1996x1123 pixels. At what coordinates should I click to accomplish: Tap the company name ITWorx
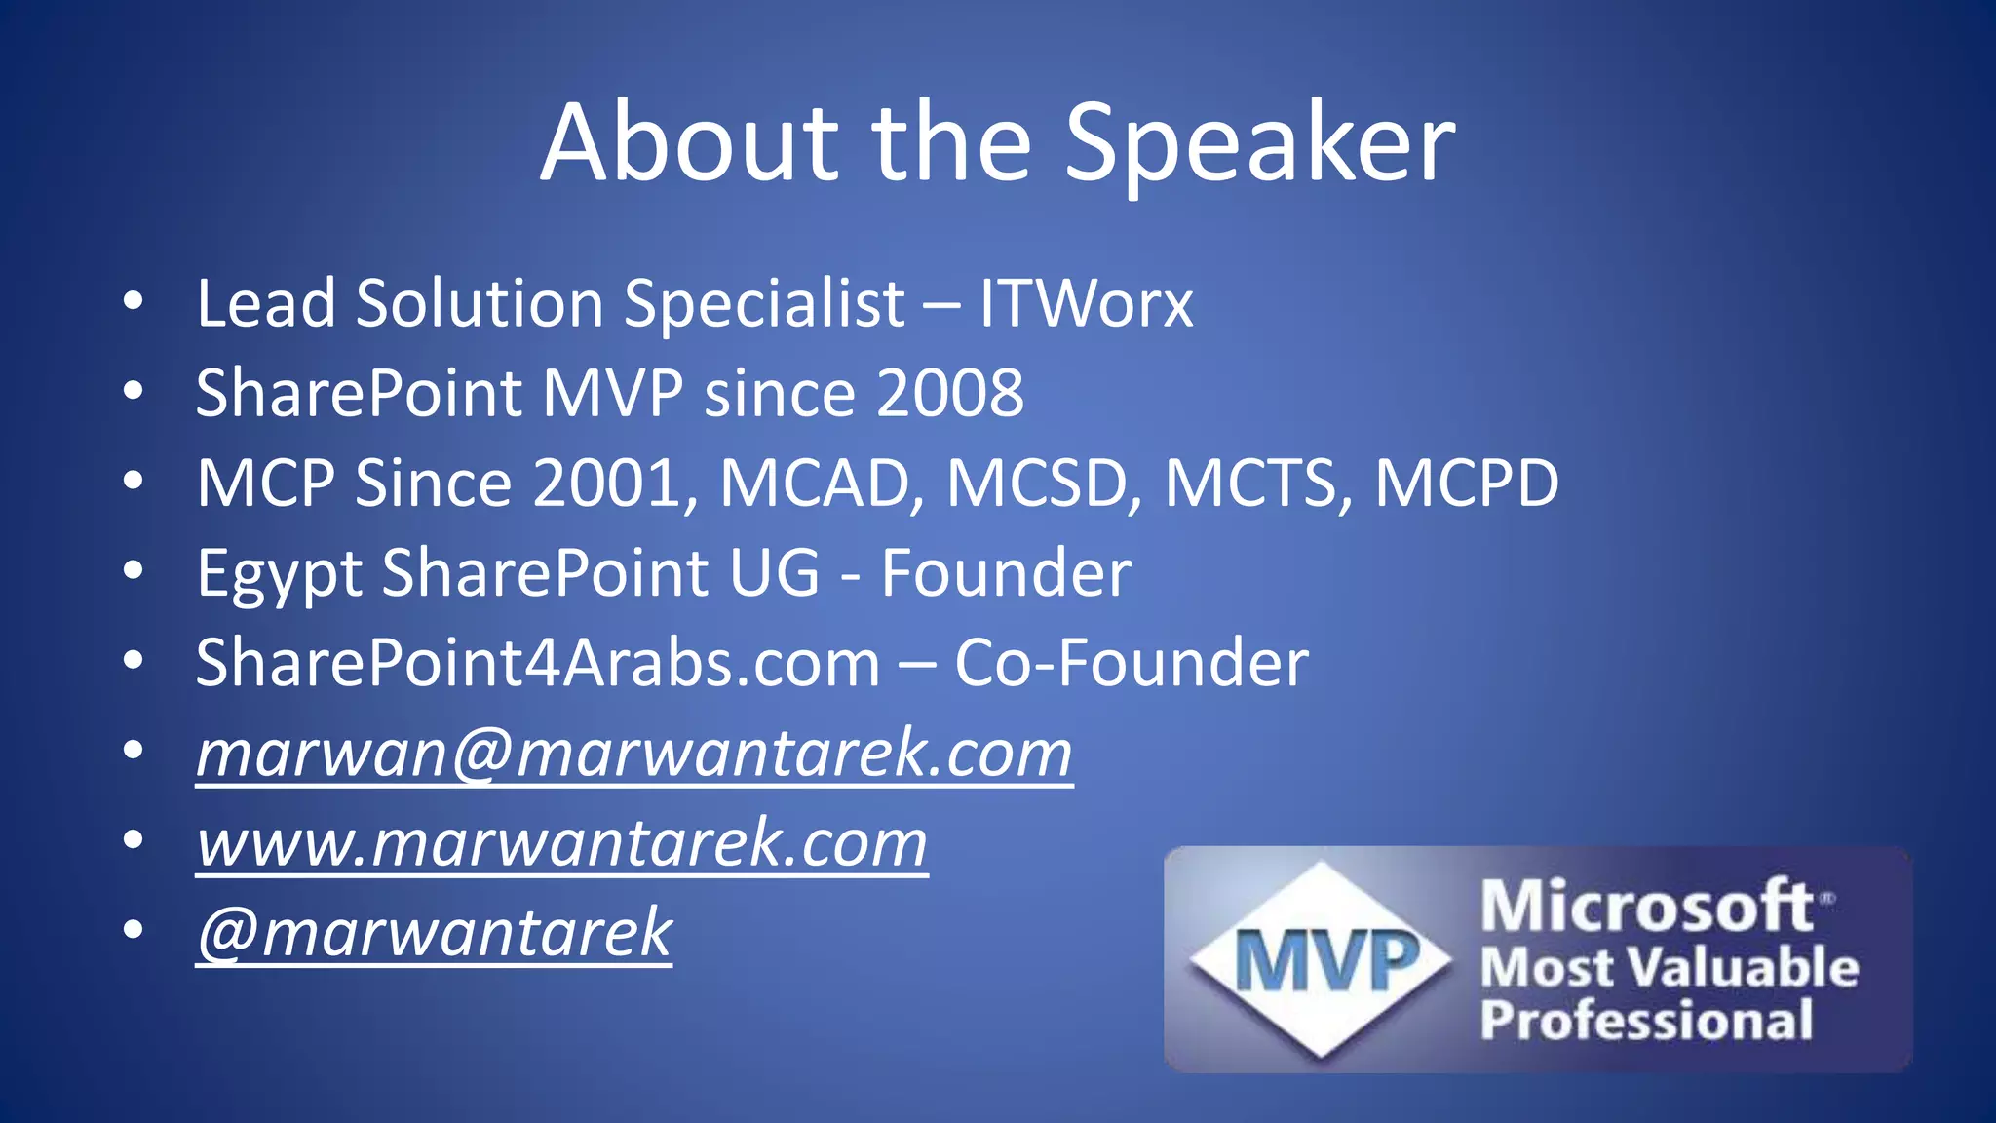(1086, 303)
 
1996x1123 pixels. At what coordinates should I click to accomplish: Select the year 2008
(950, 393)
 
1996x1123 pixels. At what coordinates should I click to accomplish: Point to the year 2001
(607, 483)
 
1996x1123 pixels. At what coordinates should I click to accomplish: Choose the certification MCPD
(1466, 483)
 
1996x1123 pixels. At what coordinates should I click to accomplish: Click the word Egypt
(279, 573)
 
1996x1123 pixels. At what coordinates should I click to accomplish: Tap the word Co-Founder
(1131, 663)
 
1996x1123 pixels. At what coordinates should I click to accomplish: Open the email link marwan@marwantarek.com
(633, 754)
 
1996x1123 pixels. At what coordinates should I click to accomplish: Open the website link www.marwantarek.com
(561, 843)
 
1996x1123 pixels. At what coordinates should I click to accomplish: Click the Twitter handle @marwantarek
(434, 933)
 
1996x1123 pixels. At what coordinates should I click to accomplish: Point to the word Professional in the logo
(1646, 1020)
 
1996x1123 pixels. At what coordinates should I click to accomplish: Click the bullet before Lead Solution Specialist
(134, 301)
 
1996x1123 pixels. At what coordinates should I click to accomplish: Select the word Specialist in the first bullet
(764, 303)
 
